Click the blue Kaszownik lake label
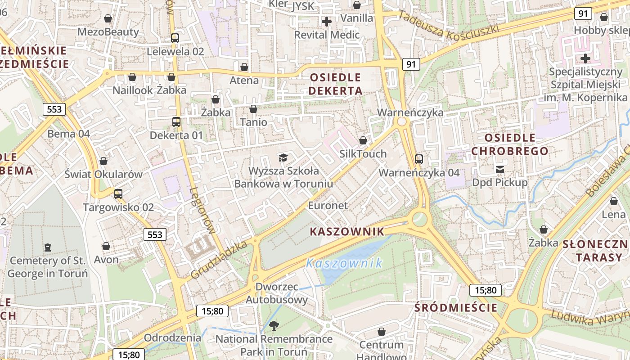click(x=344, y=263)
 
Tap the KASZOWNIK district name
click(x=347, y=232)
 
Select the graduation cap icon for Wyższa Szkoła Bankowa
click(x=283, y=157)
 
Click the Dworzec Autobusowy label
click(x=277, y=293)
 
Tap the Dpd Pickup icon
click(x=499, y=169)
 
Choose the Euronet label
click(x=328, y=206)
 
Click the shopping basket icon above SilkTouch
click(x=363, y=140)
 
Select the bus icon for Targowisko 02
click(x=118, y=194)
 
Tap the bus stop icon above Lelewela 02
click(x=175, y=38)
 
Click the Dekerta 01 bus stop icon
click(x=176, y=122)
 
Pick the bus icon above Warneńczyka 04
click(x=419, y=159)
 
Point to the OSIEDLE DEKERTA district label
click(x=336, y=84)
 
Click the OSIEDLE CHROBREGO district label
click(x=510, y=144)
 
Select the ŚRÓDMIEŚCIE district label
click(x=456, y=308)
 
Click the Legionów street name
click(x=202, y=210)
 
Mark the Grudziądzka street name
click(x=219, y=260)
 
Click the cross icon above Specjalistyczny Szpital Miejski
click(x=585, y=58)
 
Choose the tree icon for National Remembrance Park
click(x=274, y=325)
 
